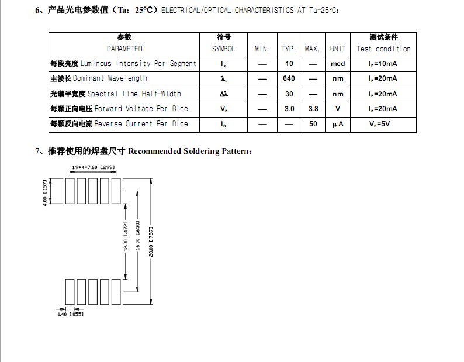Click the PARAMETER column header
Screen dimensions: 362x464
click(x=124, y=49)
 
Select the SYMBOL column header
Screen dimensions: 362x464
click(x=223, y=49)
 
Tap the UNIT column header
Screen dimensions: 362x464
click(x=338, y=49)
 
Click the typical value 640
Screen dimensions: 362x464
click(x=289, y=78)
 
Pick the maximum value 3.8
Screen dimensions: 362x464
click(x=313, y=109)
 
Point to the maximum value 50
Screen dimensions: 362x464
click(x=313, y=124)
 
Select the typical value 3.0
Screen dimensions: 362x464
click(x=289, y=109)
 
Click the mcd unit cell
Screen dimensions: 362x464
click(x=338, y=64)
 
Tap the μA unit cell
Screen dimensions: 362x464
click(x=338, y=124)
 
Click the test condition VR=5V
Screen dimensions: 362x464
click(x=383, y=124)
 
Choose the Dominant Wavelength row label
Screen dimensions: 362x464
click(x=99, y=78)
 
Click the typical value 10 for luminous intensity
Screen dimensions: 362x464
click(x=289, y=64)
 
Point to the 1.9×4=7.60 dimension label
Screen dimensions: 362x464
click(x=92, y=168)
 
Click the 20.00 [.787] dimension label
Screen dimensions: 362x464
click(x=151, y=241)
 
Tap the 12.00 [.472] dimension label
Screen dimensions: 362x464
click(x=126, y=236)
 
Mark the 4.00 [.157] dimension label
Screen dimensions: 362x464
click(x=45, y=191)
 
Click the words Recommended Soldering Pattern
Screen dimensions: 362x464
click(x=190, y=151)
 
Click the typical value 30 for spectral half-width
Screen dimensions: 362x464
click(x=289, y=94)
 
